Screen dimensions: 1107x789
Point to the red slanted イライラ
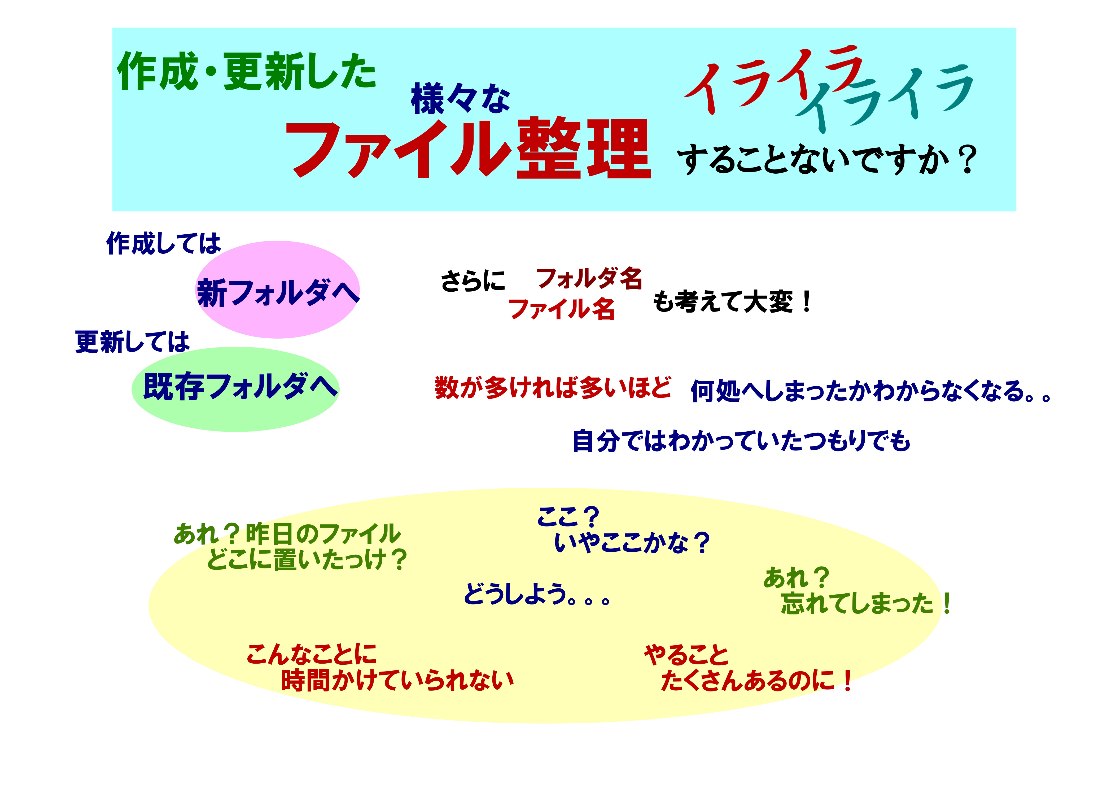point(773,78)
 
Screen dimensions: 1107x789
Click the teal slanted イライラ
point(885,97)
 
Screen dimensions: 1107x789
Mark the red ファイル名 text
point(561,309)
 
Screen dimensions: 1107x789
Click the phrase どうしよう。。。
point(537,594)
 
